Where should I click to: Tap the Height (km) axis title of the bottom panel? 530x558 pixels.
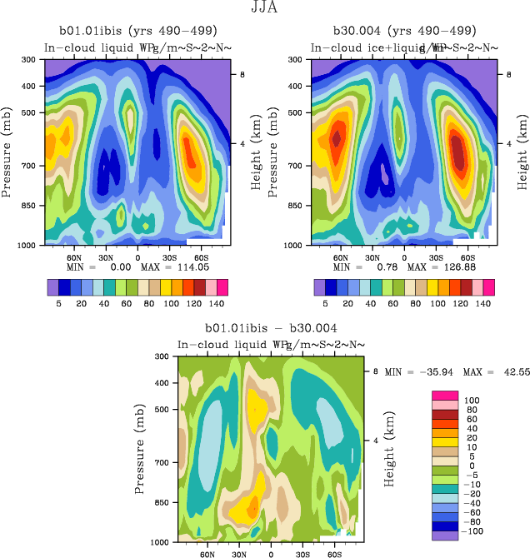tap(390, 448)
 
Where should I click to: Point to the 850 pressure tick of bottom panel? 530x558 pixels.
tap(163, 502)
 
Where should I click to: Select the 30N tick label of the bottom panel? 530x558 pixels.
tap(238, 553)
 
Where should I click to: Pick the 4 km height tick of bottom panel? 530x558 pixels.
tap(375, 439)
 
